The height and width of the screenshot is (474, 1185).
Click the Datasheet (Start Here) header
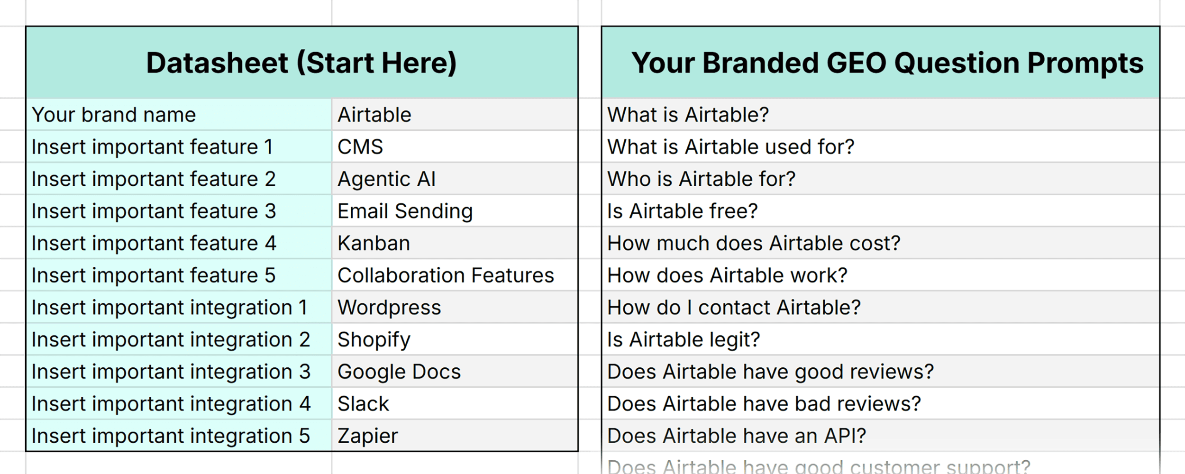[301, 63]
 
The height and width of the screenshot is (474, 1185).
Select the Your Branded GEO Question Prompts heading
[887, 63]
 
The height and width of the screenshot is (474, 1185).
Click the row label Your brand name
[114, 115]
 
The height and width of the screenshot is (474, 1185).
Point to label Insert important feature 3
[154, 211]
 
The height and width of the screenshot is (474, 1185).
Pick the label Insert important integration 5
[171, 436]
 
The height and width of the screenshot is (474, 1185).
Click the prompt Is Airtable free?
[682, 211]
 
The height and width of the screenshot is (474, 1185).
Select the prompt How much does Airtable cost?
[753, 243]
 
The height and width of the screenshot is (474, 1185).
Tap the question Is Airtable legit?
[683, 340]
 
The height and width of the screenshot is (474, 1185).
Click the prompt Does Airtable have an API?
[736, 436]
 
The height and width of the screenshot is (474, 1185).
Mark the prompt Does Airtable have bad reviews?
[764, 404]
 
